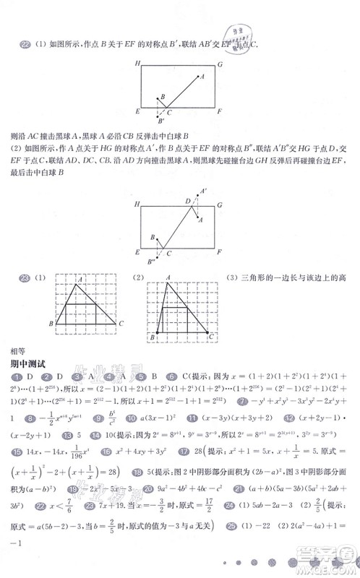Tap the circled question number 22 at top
(25, 46)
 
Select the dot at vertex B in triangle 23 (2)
(155, 334)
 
